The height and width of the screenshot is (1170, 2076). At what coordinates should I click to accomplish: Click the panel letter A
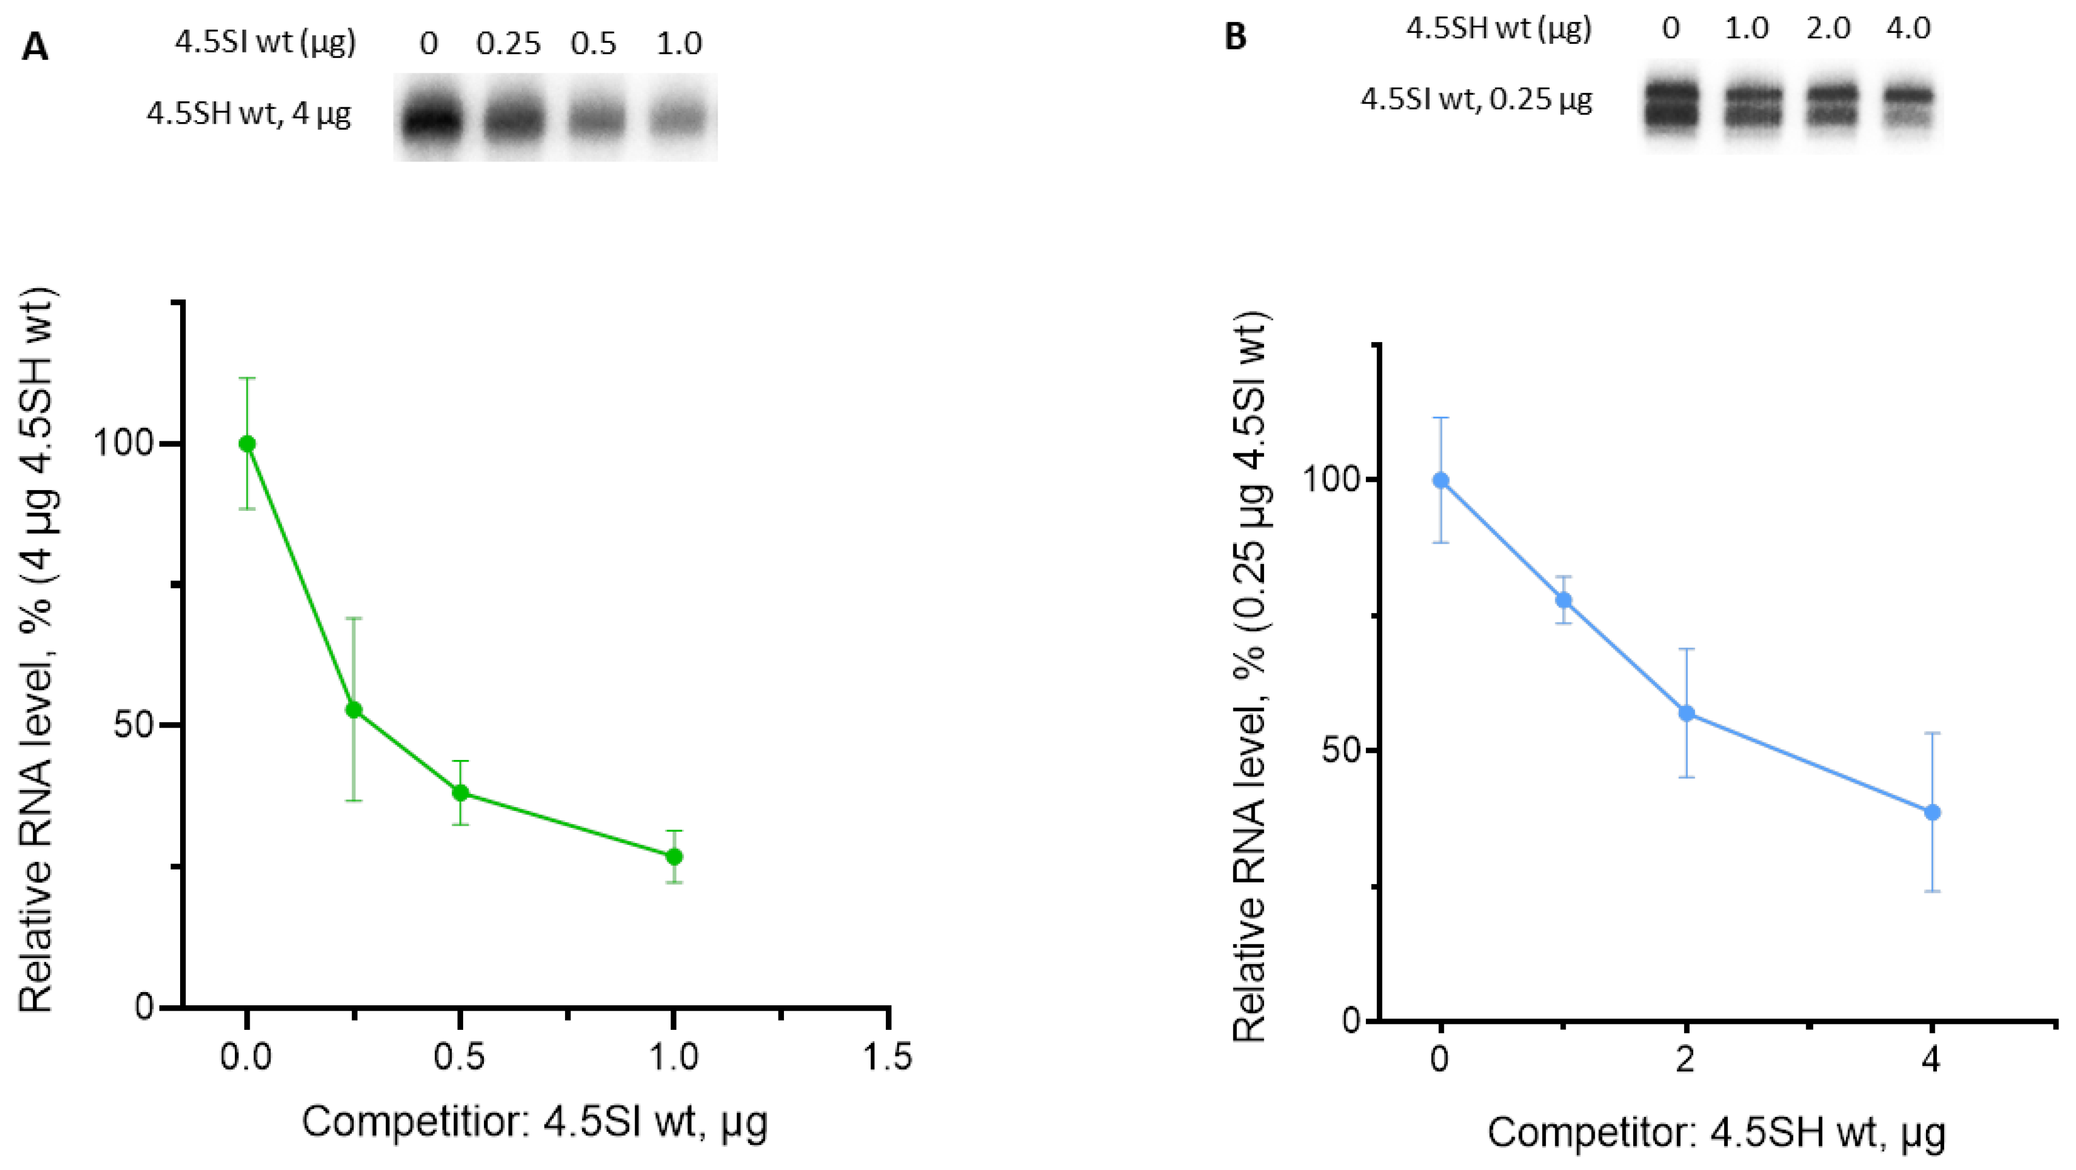pos(34,48)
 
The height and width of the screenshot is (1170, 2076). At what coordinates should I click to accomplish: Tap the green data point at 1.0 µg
pos(674,856)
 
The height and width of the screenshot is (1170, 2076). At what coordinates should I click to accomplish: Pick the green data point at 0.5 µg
pos(460,793)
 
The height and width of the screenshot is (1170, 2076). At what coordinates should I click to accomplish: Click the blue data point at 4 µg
pos(1932,812)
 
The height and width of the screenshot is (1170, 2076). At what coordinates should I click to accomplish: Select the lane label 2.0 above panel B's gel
pos(1829,29)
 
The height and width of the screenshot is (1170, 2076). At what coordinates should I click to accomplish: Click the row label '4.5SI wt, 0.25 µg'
pos(1477,100)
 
